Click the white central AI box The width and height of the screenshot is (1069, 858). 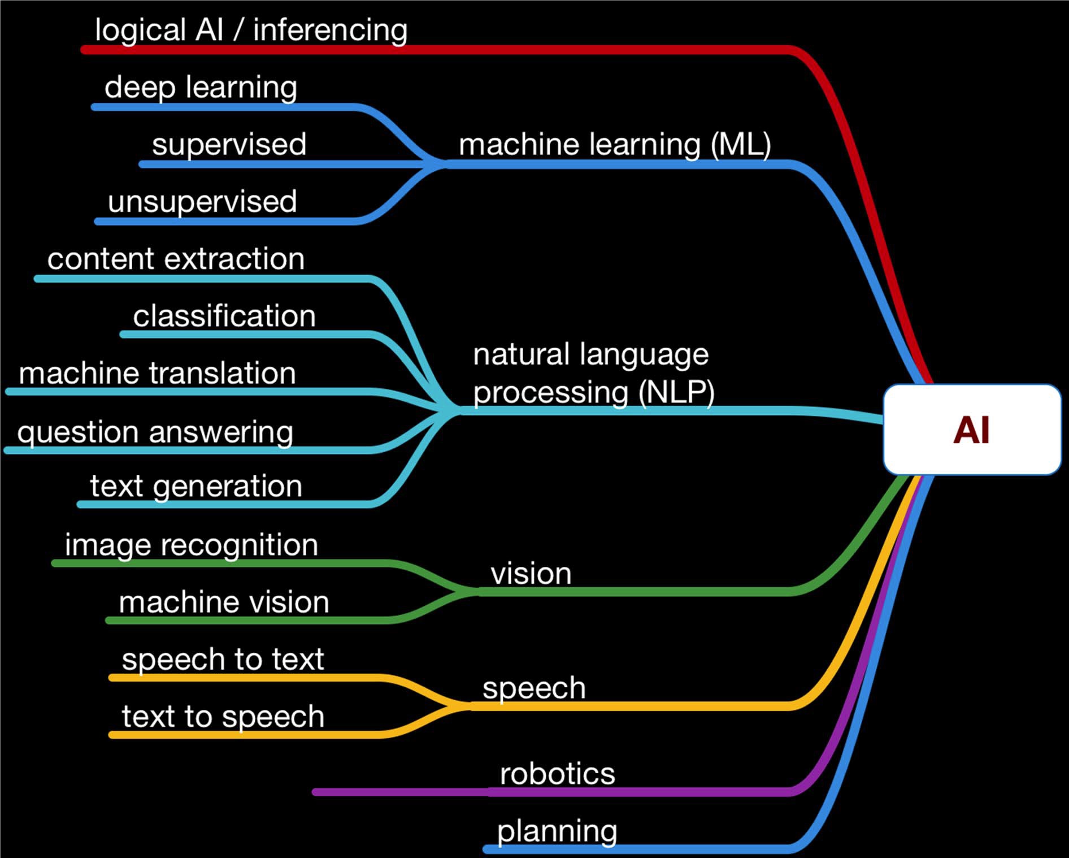point(972,430)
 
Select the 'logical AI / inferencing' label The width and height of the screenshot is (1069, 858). point(251,30)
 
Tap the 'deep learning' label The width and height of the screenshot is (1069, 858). point(201,88)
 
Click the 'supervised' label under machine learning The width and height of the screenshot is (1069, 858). point(229,144)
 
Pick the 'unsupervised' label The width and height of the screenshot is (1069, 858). point(202,202)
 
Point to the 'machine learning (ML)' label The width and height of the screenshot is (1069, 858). point(615,144)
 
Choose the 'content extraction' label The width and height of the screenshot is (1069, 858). point(176,259)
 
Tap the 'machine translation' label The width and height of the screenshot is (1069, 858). point(157,374)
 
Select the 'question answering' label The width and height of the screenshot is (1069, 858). point(155,432)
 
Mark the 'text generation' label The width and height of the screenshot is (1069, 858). point(196,486)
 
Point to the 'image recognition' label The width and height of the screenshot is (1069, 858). point(192,545)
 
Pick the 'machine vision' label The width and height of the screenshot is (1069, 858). point(224,602)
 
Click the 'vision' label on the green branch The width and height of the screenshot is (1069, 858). point(531,574)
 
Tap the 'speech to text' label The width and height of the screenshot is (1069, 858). point(223,660)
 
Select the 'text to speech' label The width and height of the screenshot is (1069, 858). point(223,717)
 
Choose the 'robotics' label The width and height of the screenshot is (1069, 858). point(557,773)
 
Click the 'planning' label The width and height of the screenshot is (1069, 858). point(557,831)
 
